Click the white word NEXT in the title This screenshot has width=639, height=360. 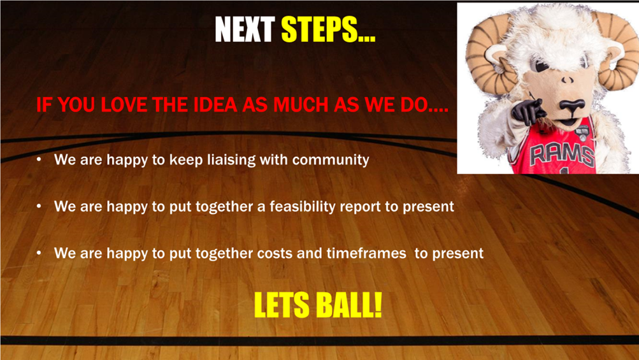click(244, 29)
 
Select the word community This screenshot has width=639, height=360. click(331, 160)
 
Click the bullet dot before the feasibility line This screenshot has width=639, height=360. click(39, 206)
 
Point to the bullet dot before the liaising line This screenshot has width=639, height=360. click(39, 159)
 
